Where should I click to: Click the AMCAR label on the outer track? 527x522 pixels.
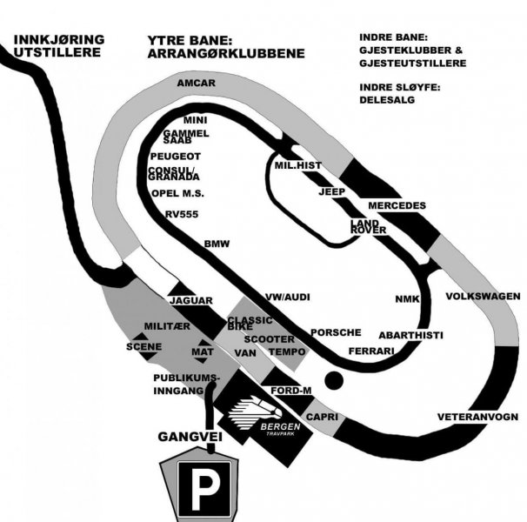195,84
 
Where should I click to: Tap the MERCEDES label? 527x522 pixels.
397,205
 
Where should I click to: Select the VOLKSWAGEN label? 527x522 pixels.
483,296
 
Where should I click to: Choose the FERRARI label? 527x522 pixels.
371,351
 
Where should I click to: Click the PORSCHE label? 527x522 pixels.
336,332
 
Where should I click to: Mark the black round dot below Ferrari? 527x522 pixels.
332,380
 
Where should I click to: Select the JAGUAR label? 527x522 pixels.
191,301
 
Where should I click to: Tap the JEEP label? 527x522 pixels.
332,191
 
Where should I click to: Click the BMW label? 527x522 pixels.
217,244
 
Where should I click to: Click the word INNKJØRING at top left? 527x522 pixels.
58,38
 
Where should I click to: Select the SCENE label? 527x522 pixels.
143,345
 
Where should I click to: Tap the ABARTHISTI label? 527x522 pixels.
410,335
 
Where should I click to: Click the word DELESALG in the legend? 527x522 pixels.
388,100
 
